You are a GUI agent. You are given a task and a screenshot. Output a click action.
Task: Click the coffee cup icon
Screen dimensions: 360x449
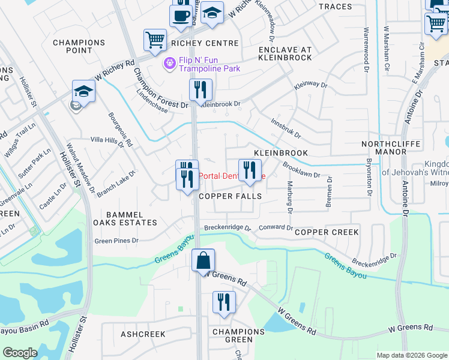pyautogui.click(x=181, y=16)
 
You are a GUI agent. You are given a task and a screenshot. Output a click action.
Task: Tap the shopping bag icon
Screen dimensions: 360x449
pyautogui.click(x=203, y=260)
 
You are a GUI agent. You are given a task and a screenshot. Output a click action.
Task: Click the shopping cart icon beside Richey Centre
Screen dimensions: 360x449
pyautogui.click(x=155, y=40)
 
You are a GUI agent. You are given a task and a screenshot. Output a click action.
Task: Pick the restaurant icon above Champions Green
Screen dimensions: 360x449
pyautogui.click(x=224, y=301)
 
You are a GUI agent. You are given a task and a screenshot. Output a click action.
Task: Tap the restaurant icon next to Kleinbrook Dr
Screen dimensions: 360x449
pyautogui.click(x=200, y=90)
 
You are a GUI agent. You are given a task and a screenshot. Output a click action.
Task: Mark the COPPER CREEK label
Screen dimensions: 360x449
pyautogui.click(x=327, y=232)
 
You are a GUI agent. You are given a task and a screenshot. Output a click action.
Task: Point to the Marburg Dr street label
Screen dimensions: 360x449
pyautogui.click(x=289, y=197)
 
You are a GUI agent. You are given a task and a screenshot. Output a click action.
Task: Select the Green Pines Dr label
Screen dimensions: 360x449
pyautogui.click(x=116, y=241)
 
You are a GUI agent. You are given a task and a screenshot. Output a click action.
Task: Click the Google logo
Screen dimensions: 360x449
pyautogui.click(x=20, y=353)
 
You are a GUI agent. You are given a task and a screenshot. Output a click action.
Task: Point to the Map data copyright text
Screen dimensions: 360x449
pyautogui.click(x=411, y=355)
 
